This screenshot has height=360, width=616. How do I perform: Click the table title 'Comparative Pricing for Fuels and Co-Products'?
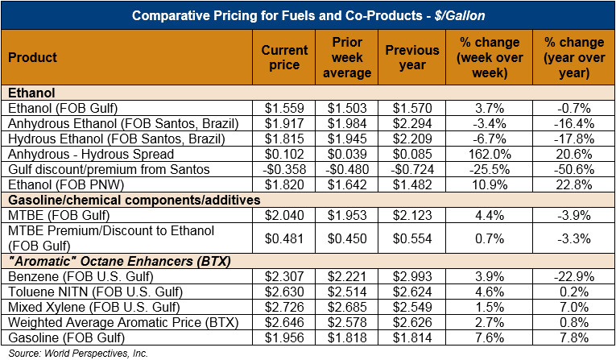[x=307, y=15]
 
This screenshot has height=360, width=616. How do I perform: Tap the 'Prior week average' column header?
[x=351, y=58]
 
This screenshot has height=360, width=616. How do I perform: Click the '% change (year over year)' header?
[x=571, y=58]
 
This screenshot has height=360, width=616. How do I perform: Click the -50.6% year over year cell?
[x=571, y=169]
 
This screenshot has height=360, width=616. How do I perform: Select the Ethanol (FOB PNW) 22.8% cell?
[x=571, y=184]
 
